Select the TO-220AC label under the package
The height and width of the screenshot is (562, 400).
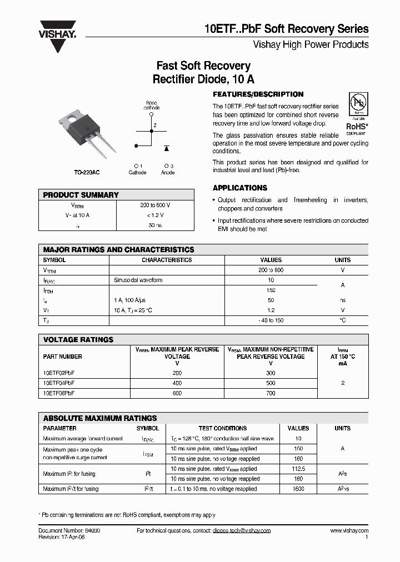[x=87, y=173]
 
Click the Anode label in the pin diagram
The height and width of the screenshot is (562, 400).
[x=168, y=173]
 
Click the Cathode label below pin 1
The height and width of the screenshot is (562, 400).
[x=137, y=173]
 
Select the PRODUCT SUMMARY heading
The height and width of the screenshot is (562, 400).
[x=81, y=195]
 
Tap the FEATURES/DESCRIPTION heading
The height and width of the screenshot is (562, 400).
[x=258, y=94]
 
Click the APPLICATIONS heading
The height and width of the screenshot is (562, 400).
[x=240, y=188]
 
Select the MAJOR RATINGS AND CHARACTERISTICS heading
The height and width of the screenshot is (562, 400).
[x=119, y=250]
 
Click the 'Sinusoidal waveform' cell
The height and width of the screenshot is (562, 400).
[x=138, y=280]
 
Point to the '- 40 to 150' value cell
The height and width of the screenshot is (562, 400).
[x=271, y=320]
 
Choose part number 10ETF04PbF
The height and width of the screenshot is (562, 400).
[x=59, y=383]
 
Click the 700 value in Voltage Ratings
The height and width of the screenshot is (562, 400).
[x=271, y=393]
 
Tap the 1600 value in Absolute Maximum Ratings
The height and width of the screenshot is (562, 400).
[x=298, y=489]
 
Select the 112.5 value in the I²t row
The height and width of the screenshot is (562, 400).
[x=298, y=469]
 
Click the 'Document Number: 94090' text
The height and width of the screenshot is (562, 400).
[x=69, y=531]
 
